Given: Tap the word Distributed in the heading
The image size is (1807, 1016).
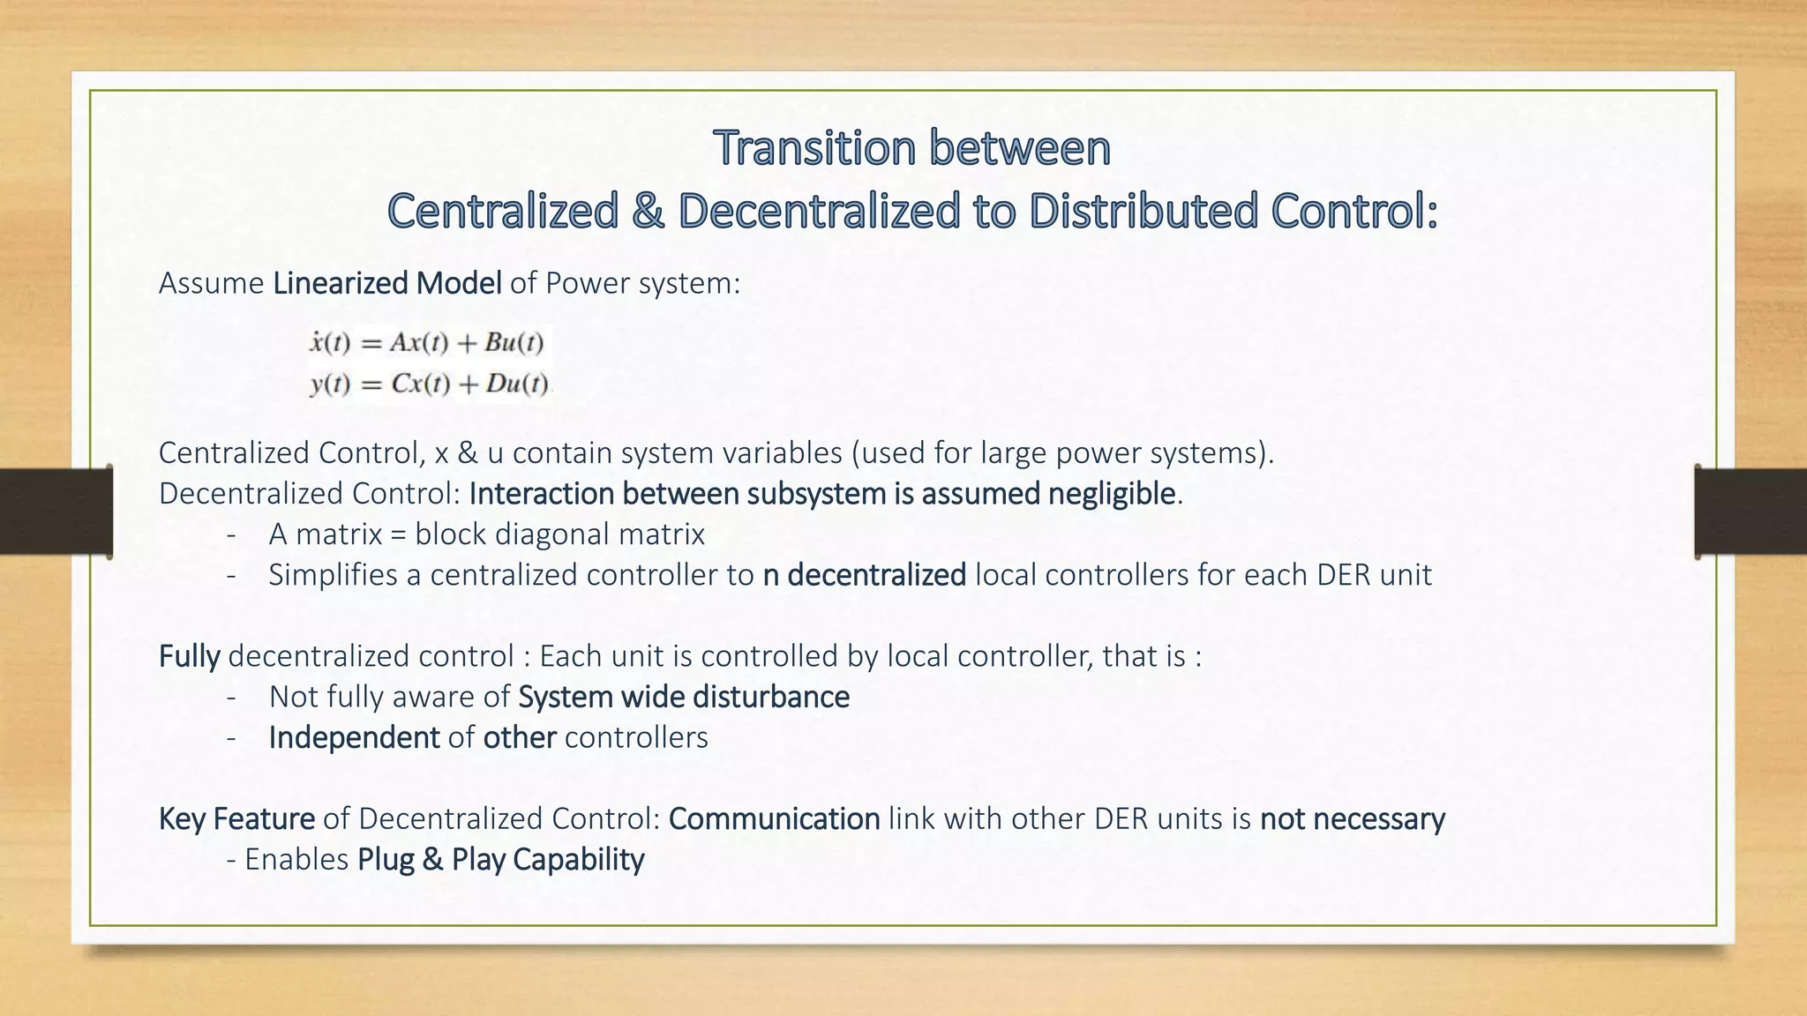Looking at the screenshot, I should pyautogui.click(x=1143, y=212).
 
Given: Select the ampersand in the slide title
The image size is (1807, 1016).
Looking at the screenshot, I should pyautogui.click(x=648, y=212).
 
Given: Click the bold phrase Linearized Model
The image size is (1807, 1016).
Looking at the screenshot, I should pyautogui.click(x=386, y=283).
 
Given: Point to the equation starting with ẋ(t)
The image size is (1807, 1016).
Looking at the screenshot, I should pyautogui.click(x=427, y=342).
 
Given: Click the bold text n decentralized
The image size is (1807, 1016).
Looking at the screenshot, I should pyautogui.click(x=864, y=575).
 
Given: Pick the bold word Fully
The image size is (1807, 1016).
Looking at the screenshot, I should pyautogui.click(x=189, y=656).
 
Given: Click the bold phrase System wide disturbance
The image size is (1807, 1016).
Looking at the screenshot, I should pyautogui.click(x=683, y=697).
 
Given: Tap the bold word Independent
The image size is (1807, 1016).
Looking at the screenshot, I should pyautogui.click(x=354, y=737).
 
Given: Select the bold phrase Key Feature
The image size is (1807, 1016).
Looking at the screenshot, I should pyautogui.click(x=236, y=818).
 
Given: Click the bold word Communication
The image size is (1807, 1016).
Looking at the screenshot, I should pyautogui.click(x=774, y=818).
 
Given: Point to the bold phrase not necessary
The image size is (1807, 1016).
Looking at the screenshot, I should pyautogui.click(x=1352, y=818).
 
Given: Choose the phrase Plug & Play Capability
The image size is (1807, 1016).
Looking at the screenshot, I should pyautogui.click(x=500, y=859).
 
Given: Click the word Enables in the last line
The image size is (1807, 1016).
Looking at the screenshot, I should pyautogui.click(x=296, y=859).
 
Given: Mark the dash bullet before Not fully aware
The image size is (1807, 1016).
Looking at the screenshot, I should pyautogui.click(x=231, y=697).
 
